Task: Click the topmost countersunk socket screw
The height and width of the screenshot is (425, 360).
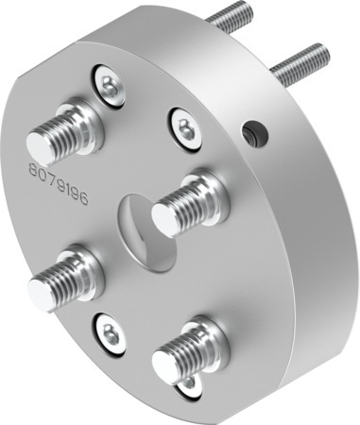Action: pos(111,86)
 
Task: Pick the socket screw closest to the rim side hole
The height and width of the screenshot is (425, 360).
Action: pos(185,127)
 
